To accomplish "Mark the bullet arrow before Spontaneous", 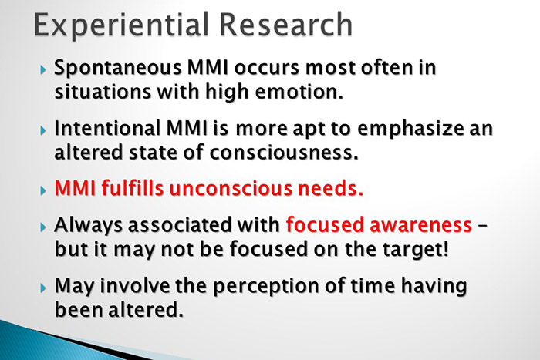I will point(43,69).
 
